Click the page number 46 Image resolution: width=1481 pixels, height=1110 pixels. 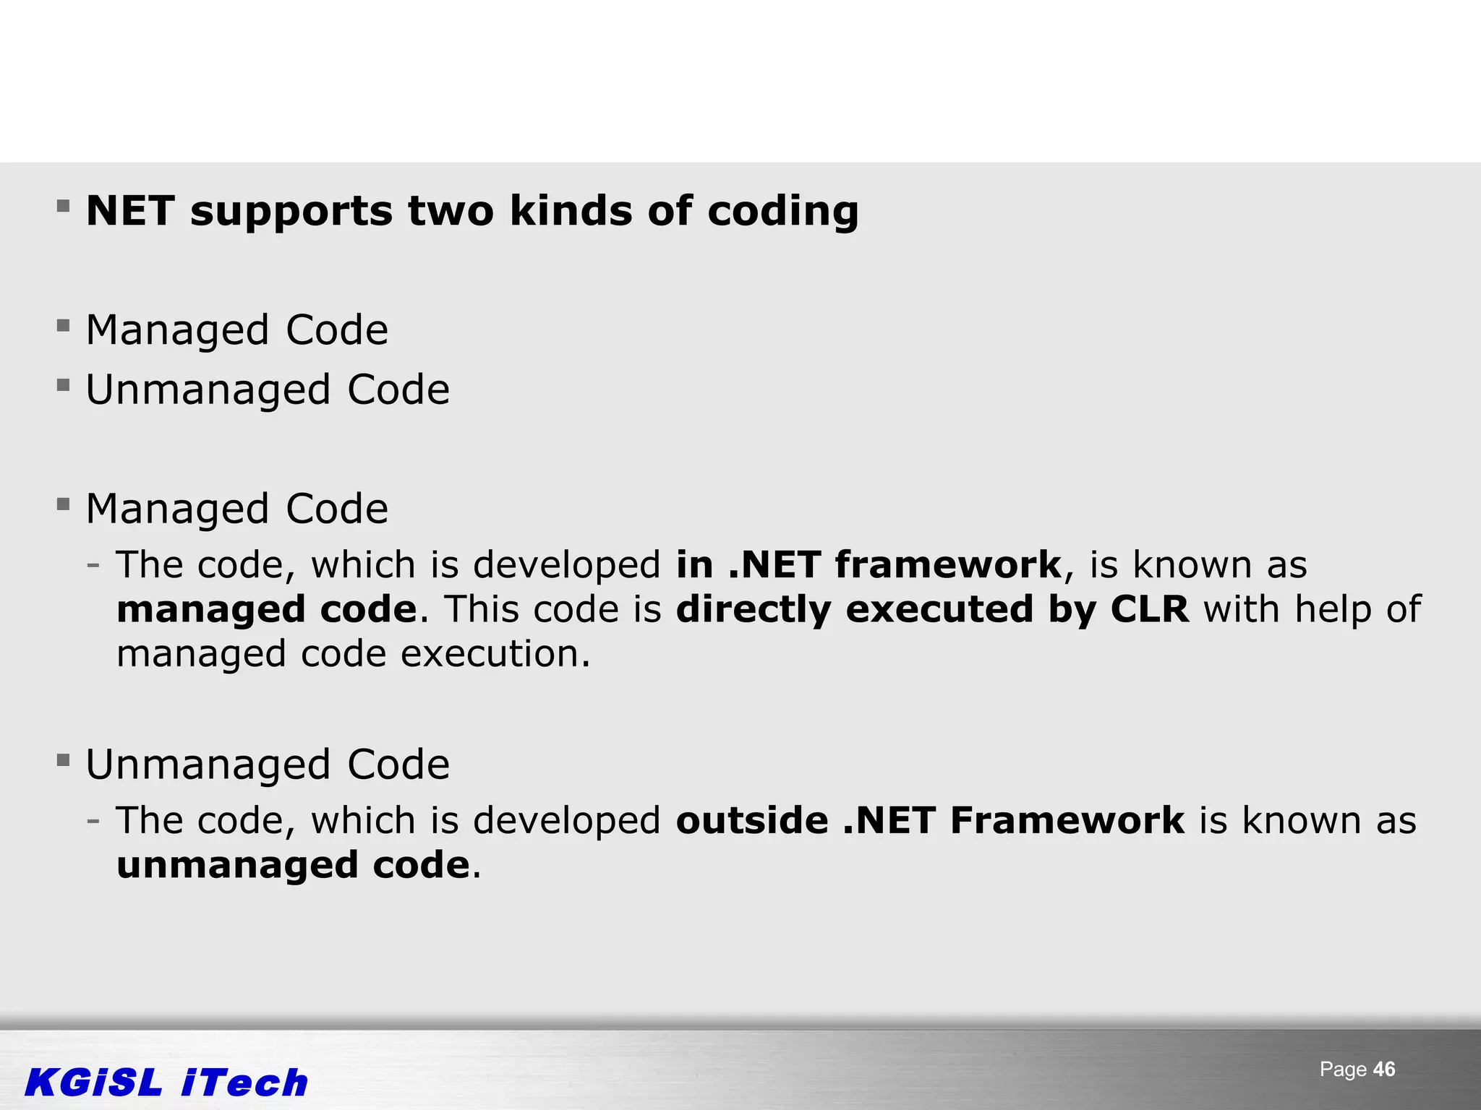point(1384,1070)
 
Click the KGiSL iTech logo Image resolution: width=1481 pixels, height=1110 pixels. point(166,1083)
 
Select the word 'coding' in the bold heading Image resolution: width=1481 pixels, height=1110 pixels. point(782,212)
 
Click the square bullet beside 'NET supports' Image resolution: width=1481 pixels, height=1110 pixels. point(64,207)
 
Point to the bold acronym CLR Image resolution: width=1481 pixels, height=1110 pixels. point(1149,608)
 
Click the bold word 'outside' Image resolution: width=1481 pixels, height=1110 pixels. point(752,820)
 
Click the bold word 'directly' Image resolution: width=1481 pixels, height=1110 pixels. point(754,610)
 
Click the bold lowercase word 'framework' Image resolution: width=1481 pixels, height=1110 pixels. point(948,564)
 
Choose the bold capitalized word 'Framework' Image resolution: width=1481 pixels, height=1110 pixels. point(1067,820)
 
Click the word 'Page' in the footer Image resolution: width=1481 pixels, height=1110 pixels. point(1343,1070)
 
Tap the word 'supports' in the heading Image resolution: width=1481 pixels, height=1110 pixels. point(291,212)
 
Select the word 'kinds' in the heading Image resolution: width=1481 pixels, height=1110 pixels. point(571,211)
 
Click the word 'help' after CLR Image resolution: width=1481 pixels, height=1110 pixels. point(1332,610)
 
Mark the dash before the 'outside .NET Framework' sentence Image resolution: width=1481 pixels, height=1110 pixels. point(93,820)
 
